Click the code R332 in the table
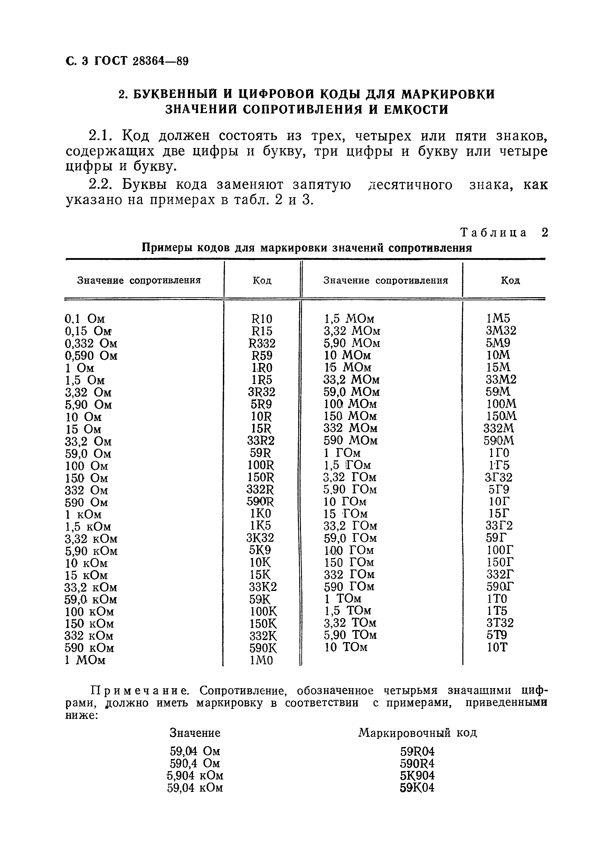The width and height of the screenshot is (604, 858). click(262, 343)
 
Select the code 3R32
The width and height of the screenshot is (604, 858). click(261, 392)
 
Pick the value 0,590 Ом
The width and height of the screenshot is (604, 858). click(91, 355)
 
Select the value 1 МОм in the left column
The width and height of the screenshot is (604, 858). click(85, 660)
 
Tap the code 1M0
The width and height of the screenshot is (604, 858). click(261, 661)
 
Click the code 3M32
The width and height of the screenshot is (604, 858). click(501, 331)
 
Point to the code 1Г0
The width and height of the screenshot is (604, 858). click(499, 453)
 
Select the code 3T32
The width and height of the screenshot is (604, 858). click(500, 623)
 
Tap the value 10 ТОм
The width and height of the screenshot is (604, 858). click(346, 647)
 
